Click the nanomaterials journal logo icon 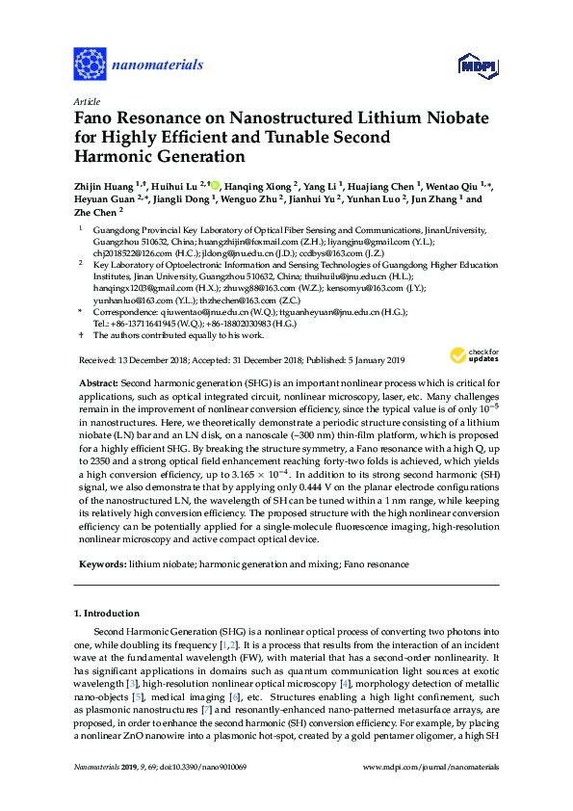pyautogui.click(x=89, y=65)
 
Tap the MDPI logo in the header pyautogui.click(x=478, y=65)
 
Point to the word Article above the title pyautogui.click(x=88, y=100)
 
